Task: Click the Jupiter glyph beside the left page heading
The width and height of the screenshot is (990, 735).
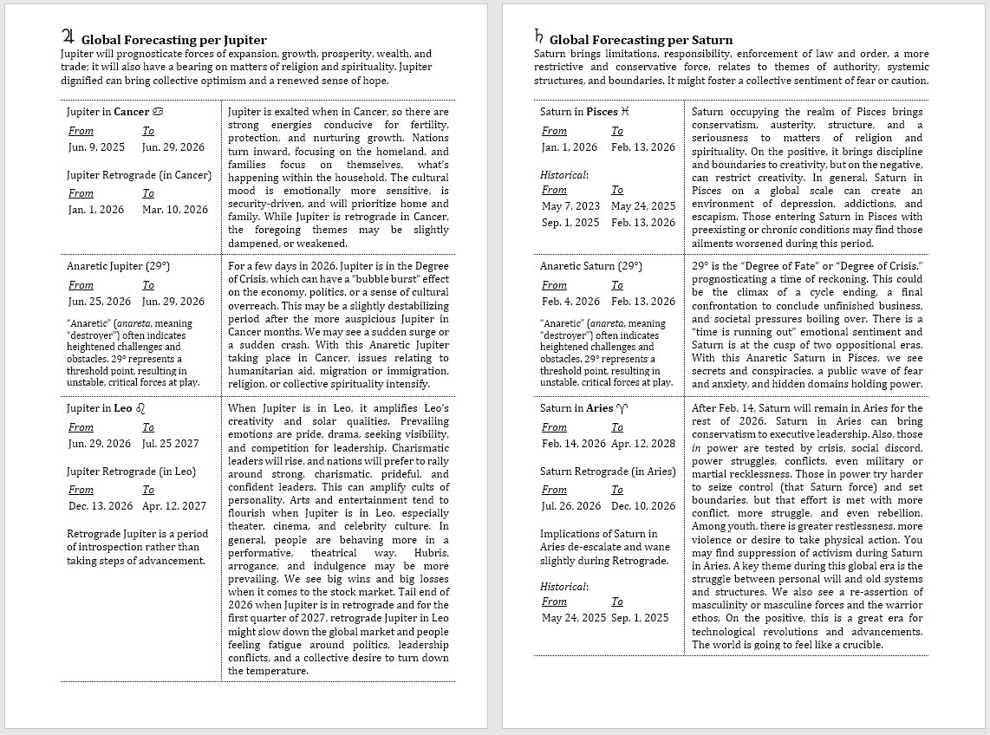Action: [x=68, y=37]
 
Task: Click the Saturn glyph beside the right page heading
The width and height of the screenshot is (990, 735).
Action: [x=539, y=37]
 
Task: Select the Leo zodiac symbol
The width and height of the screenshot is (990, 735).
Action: [x=141, y=408]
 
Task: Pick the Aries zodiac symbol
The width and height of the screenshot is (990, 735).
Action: [x=622, y=408]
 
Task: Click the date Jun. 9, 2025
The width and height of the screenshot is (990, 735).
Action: [x=96, y=146]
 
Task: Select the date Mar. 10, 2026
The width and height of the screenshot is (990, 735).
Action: [x=175, y=209]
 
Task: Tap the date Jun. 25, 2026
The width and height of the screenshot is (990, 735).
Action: [x=99, y=301]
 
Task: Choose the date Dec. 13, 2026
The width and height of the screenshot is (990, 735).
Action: [x=100, y=505]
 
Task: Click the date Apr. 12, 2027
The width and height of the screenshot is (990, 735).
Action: [x=174, y=505]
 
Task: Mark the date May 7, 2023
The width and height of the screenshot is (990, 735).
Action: [x=570, y=205]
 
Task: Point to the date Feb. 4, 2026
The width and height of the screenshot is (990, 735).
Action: [x=570, y=301]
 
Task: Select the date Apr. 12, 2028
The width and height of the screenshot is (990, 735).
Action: [x=643, y=443]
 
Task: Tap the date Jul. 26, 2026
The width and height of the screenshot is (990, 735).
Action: [x=571, y=505]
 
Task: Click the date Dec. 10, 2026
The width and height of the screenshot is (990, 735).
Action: [x=643, y=505]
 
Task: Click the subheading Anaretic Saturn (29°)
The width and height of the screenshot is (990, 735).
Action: [x=590, y=266]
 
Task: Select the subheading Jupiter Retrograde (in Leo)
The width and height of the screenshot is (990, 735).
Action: [x=131, y=472]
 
